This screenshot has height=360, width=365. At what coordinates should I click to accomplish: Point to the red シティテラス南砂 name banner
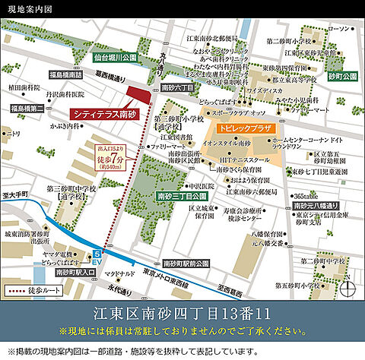[102, 113]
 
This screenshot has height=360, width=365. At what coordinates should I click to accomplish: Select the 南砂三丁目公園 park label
[178, 195]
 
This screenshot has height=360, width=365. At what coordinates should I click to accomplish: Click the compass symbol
[348, 289]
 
